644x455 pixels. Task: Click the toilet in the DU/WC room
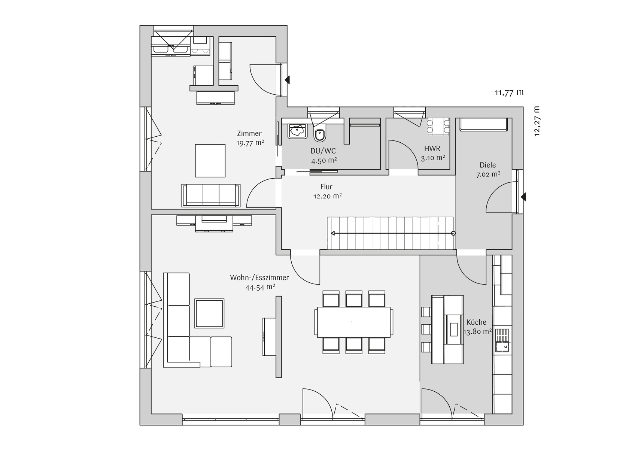coord(320,135)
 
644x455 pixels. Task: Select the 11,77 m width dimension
coord(509,92)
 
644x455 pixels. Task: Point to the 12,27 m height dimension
coord(537,121)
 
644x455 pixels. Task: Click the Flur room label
coord(326,186)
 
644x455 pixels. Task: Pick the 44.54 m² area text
coord(260,288)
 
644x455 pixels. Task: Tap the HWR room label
coord(432,149)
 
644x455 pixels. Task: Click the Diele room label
coord(488,165)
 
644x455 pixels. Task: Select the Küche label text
coord(477,322)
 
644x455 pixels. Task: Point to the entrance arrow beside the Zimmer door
coord(287,80)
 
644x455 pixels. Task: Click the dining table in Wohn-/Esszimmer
coord(353,322)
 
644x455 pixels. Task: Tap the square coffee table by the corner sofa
coord(209,313)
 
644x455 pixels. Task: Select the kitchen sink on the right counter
coord(502,341)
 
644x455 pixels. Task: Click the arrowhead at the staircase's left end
coord(333,233)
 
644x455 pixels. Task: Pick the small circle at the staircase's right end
coord(453,233)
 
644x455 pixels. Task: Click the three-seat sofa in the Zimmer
coord(211,195)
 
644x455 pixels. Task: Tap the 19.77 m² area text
coord(250,143)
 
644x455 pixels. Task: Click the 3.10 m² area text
coord(433,158)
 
